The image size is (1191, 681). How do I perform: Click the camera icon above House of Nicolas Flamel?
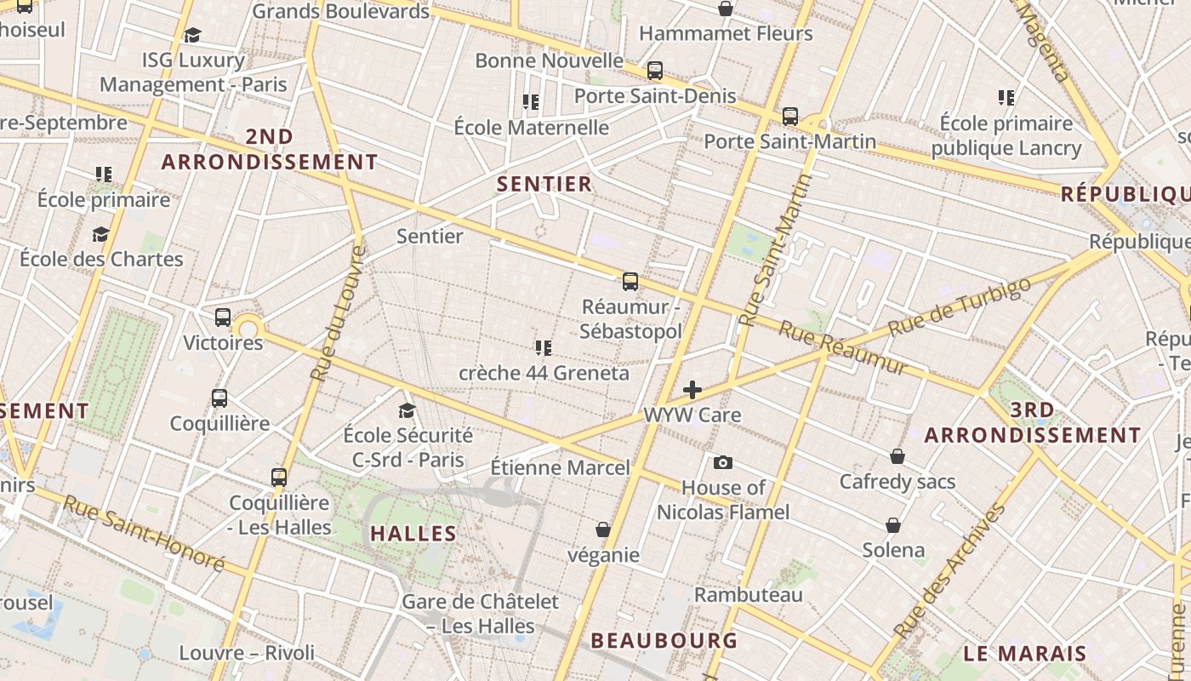tap(723, 462)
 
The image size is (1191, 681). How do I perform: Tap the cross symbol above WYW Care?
tap(692, 390)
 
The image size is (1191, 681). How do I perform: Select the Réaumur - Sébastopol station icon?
tap(630, 281)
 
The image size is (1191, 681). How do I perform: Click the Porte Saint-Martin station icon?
tap(790, 116)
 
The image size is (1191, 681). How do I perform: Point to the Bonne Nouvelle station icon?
tap(655, 70)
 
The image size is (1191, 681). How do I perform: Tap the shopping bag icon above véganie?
tap(603, 529)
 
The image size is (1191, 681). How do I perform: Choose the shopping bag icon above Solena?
tap(893, 524)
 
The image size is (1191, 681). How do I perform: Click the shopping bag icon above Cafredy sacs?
tap(898, 456)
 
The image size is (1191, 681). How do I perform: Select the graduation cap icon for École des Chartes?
tap(101, 234)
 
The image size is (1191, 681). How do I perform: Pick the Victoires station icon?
tap(223, 318)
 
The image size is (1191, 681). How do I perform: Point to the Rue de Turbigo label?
tap(959, 306)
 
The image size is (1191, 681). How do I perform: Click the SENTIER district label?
tap(544, 184)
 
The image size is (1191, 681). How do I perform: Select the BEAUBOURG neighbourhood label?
tap(664, 640)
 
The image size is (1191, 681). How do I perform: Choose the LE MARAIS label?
tap(1025, 654)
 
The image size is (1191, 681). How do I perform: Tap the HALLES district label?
tap(413, 534)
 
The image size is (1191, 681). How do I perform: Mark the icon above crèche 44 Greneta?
tap(544, 347)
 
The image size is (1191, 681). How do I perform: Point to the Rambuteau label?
tap(749, 594)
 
